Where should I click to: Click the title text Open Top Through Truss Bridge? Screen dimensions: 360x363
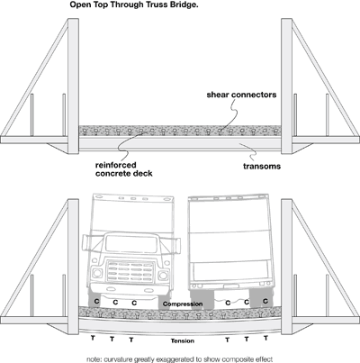tap(134, 5)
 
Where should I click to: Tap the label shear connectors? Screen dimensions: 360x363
tap(241, 95)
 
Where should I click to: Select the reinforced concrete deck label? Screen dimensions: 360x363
tap(124, 169)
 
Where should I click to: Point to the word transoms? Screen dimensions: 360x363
tap(262, 167)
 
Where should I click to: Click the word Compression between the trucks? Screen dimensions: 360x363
tap(183, 304)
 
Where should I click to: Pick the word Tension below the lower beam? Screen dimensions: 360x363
tap(183, 340)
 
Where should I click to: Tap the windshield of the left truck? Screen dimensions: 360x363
tap(131, 243)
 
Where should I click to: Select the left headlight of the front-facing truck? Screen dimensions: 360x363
tap(97, 274)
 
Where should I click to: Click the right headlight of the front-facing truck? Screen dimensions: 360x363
tap(164, 275)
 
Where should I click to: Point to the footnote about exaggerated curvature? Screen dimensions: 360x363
tap(180, 359)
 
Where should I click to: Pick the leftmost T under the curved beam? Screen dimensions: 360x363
tap(93, 338)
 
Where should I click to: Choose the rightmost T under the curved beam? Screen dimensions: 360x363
tap(265, 338)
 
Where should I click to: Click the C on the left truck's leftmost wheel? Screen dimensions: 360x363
tap(96, 301)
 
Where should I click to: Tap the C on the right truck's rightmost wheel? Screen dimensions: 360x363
tap(265, 301)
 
